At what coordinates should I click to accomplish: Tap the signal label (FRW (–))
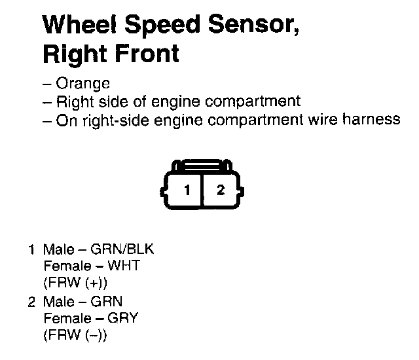(75, 335)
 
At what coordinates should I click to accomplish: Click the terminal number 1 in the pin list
(31, 249)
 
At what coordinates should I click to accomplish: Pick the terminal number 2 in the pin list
(31, 302)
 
